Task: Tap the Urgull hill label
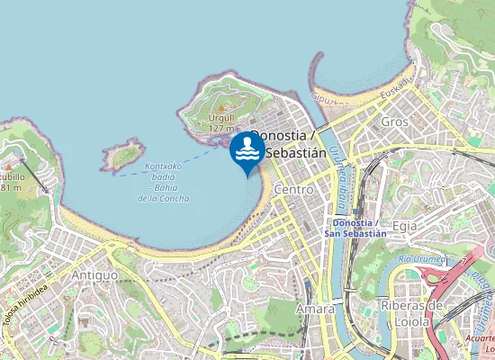pyautogui.click(x=221, y=117)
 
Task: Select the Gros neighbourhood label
pyautogui.click(x=394, y=121)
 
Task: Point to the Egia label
pyautogui.click(x=406, y=226)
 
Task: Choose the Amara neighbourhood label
pyautogui.click(x=315, y=309)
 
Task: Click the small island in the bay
pyautogui.click(x=122, y=157)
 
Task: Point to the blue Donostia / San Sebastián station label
pyautogui.click(x=359, y=227)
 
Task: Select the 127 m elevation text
pyautogui.click(x=220, y=129)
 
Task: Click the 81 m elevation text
pyautogui.click(x=11, y=187)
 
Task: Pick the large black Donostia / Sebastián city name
pyautogui.click(x=288, y=144)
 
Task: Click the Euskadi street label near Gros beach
pyautogui.click(x=393, y=86)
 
